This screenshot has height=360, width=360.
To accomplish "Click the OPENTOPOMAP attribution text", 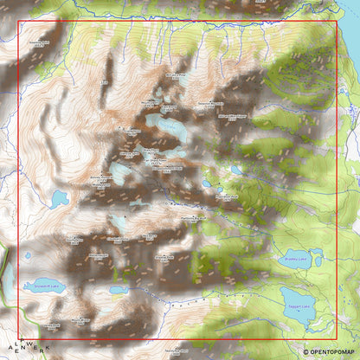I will (333, 352).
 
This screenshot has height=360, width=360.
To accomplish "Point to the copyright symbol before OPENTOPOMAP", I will (305, 352).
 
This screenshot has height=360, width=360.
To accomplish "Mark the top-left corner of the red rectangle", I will (18, 22).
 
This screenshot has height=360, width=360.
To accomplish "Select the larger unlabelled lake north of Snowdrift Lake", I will (58, 200).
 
